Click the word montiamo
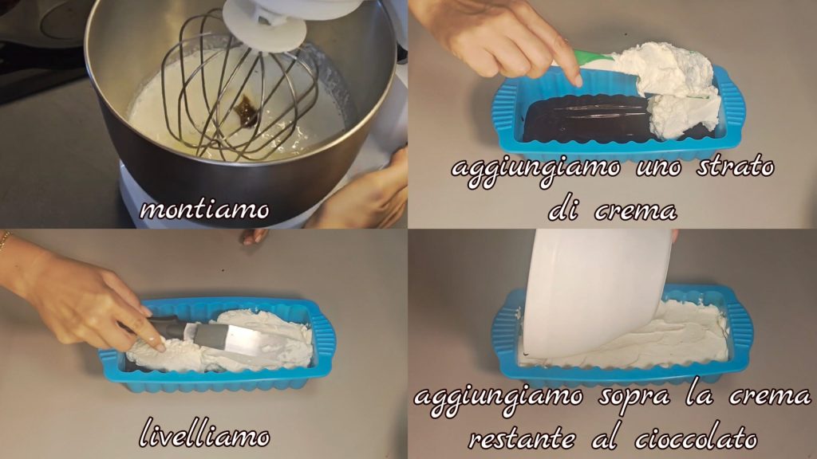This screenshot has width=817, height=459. coord(204,210)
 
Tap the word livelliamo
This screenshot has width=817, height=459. coord(205,434)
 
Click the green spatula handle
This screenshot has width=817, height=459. coord(593,57)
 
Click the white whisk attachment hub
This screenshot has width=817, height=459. coord(265,24)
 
